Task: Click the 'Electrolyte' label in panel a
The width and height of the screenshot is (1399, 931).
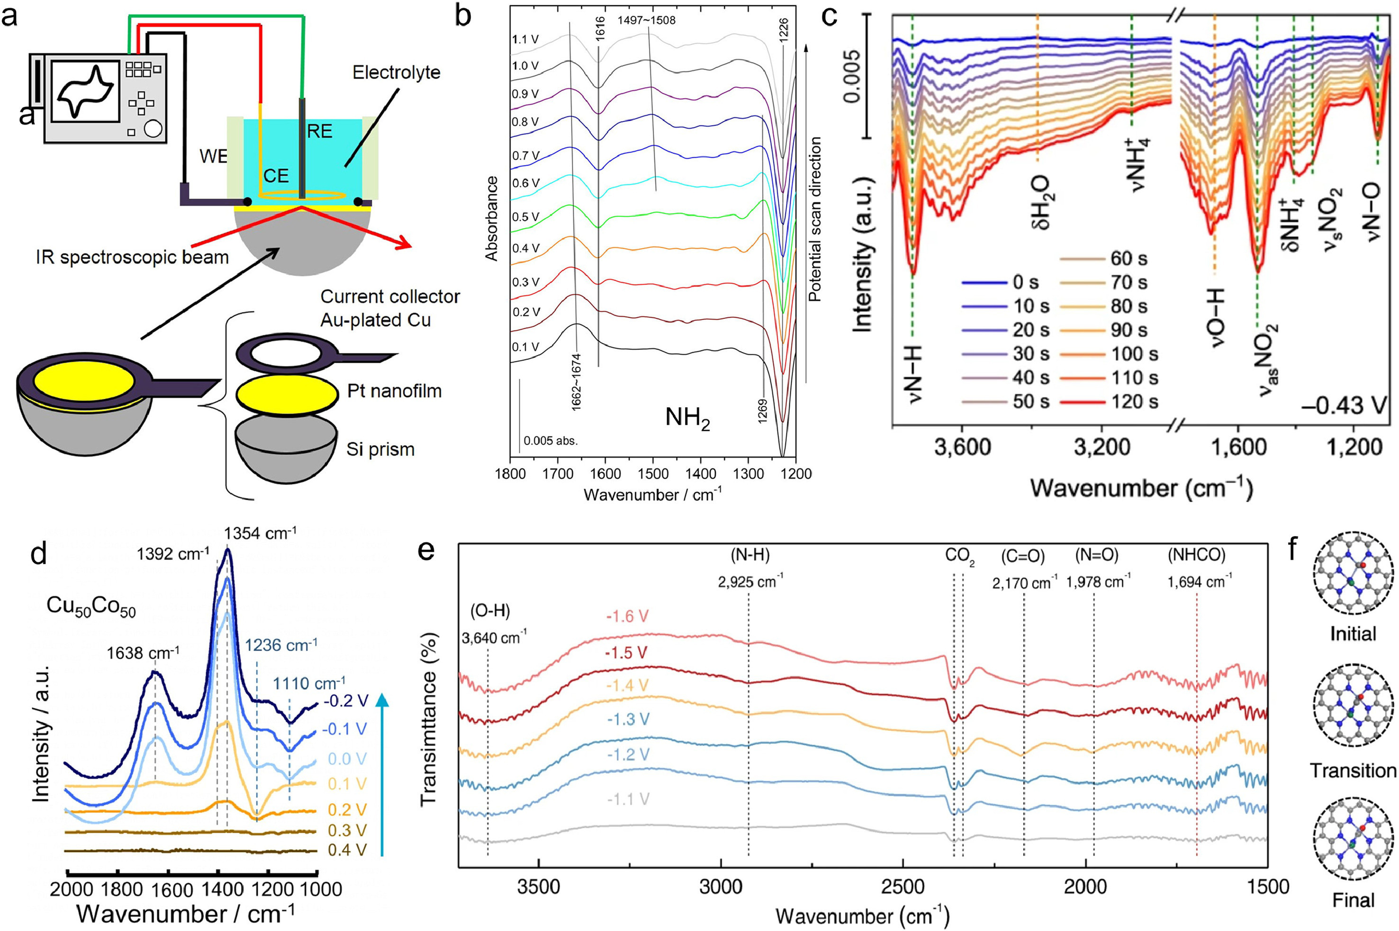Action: click(x=396, y=73)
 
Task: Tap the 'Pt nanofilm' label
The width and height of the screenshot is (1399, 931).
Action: click(x=395, y=391)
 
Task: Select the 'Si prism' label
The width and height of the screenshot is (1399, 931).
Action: click(x=380, y=449)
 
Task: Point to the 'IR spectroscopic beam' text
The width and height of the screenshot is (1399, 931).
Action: click(x=132, y=258)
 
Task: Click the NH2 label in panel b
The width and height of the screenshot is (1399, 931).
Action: click(x=687, y=419)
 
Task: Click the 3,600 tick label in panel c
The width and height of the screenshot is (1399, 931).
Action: click(x=962, y=447)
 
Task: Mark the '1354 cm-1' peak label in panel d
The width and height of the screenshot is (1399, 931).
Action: click(x=260, y=534)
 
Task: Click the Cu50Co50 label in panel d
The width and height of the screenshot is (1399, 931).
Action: click(x=91, y=606)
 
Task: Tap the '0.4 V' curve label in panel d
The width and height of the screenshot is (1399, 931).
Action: click(x=346, y=850)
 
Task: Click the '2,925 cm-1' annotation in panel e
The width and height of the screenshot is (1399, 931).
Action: click(x=749, y=582)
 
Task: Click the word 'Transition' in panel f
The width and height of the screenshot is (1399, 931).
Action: click(x=1353, y=770)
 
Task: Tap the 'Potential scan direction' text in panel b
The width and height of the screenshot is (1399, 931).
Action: click(x=815, y=219)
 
